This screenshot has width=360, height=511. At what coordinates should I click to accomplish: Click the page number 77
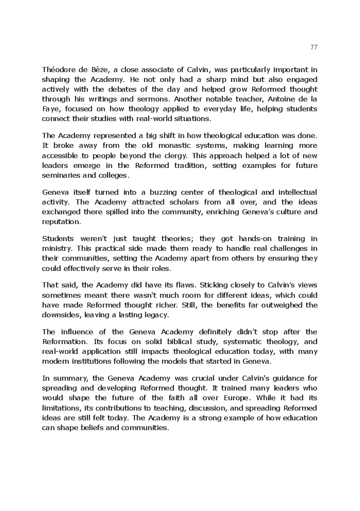[314, 47]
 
